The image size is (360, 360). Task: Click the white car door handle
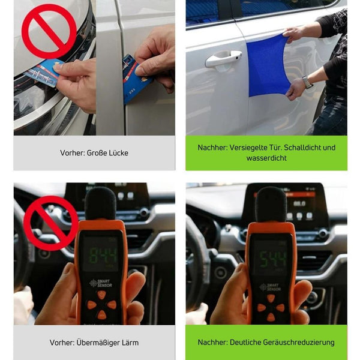click(x=223, y=59)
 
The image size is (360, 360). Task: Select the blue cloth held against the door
click(x=268, y=65)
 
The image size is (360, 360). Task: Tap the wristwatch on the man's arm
click(x=307, y=82)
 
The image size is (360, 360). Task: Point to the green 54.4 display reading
click(x=273, y=259)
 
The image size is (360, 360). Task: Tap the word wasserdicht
click(x=266, y=158)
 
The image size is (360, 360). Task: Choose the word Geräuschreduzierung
click(x=298, y=343)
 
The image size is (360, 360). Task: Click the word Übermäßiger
click(x=98, y=343)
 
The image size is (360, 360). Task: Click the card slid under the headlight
click(x=44, y=73)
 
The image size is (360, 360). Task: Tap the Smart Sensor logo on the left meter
click(x=101, y=283)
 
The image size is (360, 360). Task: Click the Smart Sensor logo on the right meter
click(x=270, y=287)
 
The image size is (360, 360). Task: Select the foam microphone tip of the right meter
click(x=271, y=205)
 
